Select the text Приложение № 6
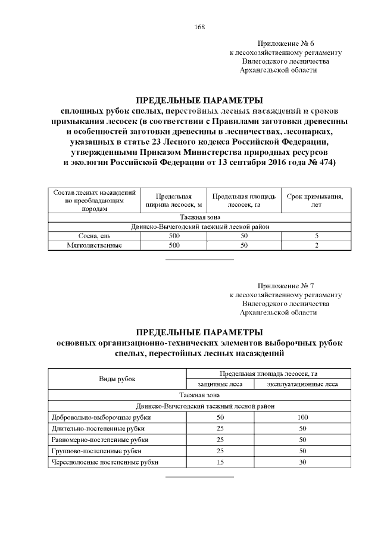click(285, 44)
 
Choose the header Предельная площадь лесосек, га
click(243, 201)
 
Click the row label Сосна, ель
click(95, 236)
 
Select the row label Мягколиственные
click(95, 245)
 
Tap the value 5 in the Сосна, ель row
click(316, 236)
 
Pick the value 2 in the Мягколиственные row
click(316, 245)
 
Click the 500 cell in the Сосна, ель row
click(174, 236)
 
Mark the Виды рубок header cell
click(117, 379)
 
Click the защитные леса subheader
click(220, 384)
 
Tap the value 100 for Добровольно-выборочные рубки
click(302, 417)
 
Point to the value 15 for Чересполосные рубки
click(220, 462)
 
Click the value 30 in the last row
click(302, 462)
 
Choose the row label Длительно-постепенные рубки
click(98, 428)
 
